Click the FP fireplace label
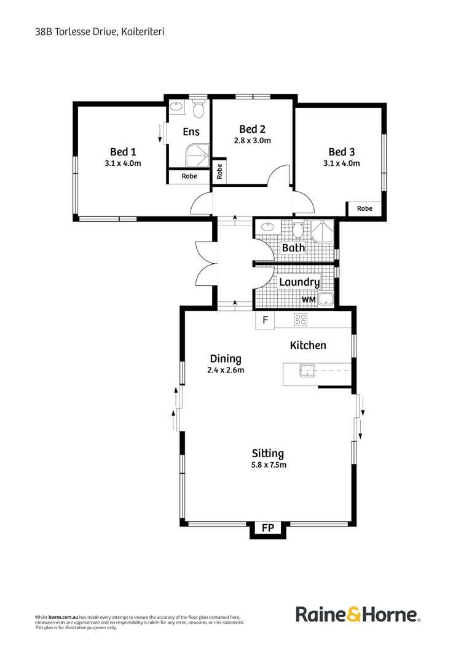tap(267, 528)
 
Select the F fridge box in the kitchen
tap(265, 320)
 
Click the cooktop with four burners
tap(301, 320)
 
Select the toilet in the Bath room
tap(298, 230)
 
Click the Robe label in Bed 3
tap(364, 209)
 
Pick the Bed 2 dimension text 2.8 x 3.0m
tap(253, 140)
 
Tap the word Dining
tap(226, 359)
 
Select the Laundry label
tap(299, 283)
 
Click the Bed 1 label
tap(123, 152)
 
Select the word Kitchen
tap(308, 346)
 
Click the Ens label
tap(191, 132)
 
